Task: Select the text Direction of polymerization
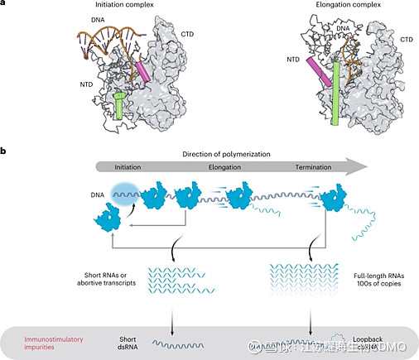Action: (229, 155)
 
